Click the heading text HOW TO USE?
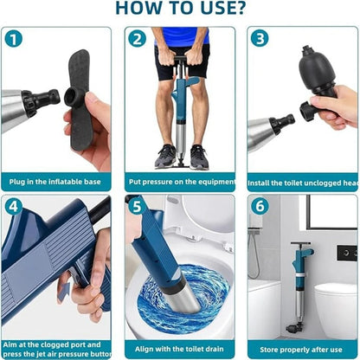[x=179, y=10]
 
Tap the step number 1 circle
[x=14, y=39]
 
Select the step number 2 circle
[x=137, y=39]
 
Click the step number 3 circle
[x=260, y=39]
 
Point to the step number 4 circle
[x=14, y=207]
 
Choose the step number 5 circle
[x=137, y=207]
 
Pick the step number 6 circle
[x=260, y=207]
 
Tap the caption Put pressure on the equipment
[x=179, y=183]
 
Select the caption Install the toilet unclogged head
[x=303, y=183]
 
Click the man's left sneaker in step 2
[x=199, y=157]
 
